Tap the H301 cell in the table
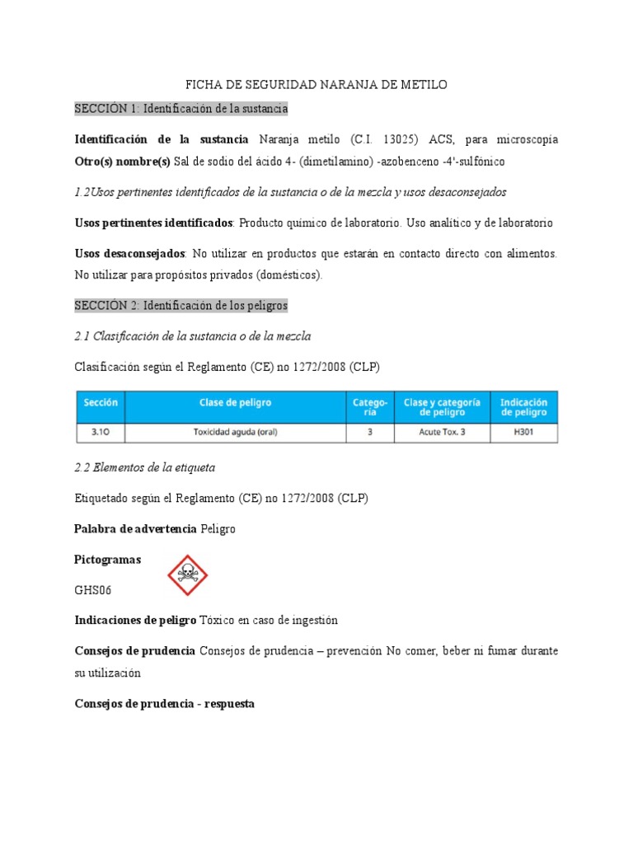point(524,433)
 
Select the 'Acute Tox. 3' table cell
point(441,433)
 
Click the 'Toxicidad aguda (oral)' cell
point(235,433)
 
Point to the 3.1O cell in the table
point(100,433)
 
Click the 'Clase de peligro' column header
point(235,403)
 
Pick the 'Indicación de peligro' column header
point(524,406)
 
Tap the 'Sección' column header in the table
point(100,403)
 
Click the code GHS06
point(95,591)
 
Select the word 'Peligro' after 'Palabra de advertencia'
point(218,528)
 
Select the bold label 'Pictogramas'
point(107,560)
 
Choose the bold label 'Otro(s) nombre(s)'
point(122,161)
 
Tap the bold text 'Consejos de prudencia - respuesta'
point(164,704)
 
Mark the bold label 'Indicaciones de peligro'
point(135,620)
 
